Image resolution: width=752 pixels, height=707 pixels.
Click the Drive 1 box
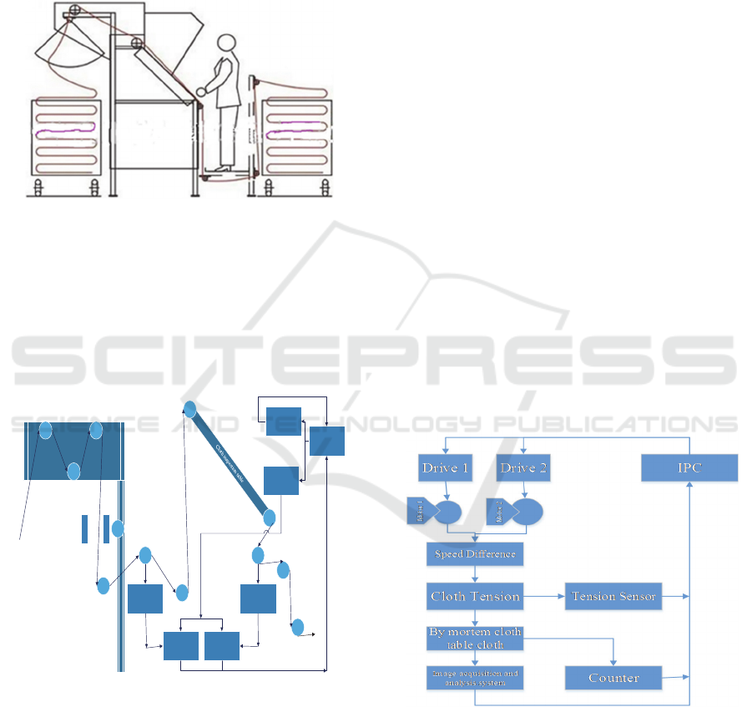pyautogui.click(x=445, y=467)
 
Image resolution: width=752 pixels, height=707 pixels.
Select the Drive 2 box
pyautogui.click(x=523, y=467)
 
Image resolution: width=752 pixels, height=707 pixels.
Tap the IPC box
pyautogui.click(x=689, y=467)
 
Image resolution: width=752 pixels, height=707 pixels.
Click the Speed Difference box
pyautogui.click(x=475, y=554)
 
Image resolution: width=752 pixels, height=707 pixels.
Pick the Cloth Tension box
pyautogui.click(x=475, y=596)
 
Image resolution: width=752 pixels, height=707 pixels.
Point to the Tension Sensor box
pyautogui.click(x=613, y=596)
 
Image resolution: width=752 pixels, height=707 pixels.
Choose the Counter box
pyautogui.click(x=613, y=678)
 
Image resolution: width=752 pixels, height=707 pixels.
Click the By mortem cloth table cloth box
pyautogui.click(x=475, y=639)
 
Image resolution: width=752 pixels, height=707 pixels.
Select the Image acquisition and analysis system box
pyautogui.click(x=475, y=678)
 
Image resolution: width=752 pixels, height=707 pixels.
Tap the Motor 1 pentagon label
pyautogui.click(x=419, y=511)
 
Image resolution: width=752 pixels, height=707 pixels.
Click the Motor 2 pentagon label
pyautogui.click(x=498, y=511)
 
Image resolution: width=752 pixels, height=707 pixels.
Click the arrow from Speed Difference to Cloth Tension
pyautogui.click(x=475, y=574)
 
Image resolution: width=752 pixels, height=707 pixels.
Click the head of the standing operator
pyautogui.click(x=225, y=43)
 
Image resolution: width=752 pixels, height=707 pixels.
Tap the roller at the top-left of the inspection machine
pyautogui.click(x=73, y=11)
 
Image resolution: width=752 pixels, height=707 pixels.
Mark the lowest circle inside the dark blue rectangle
pyautogui.click(x=73, y=471)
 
